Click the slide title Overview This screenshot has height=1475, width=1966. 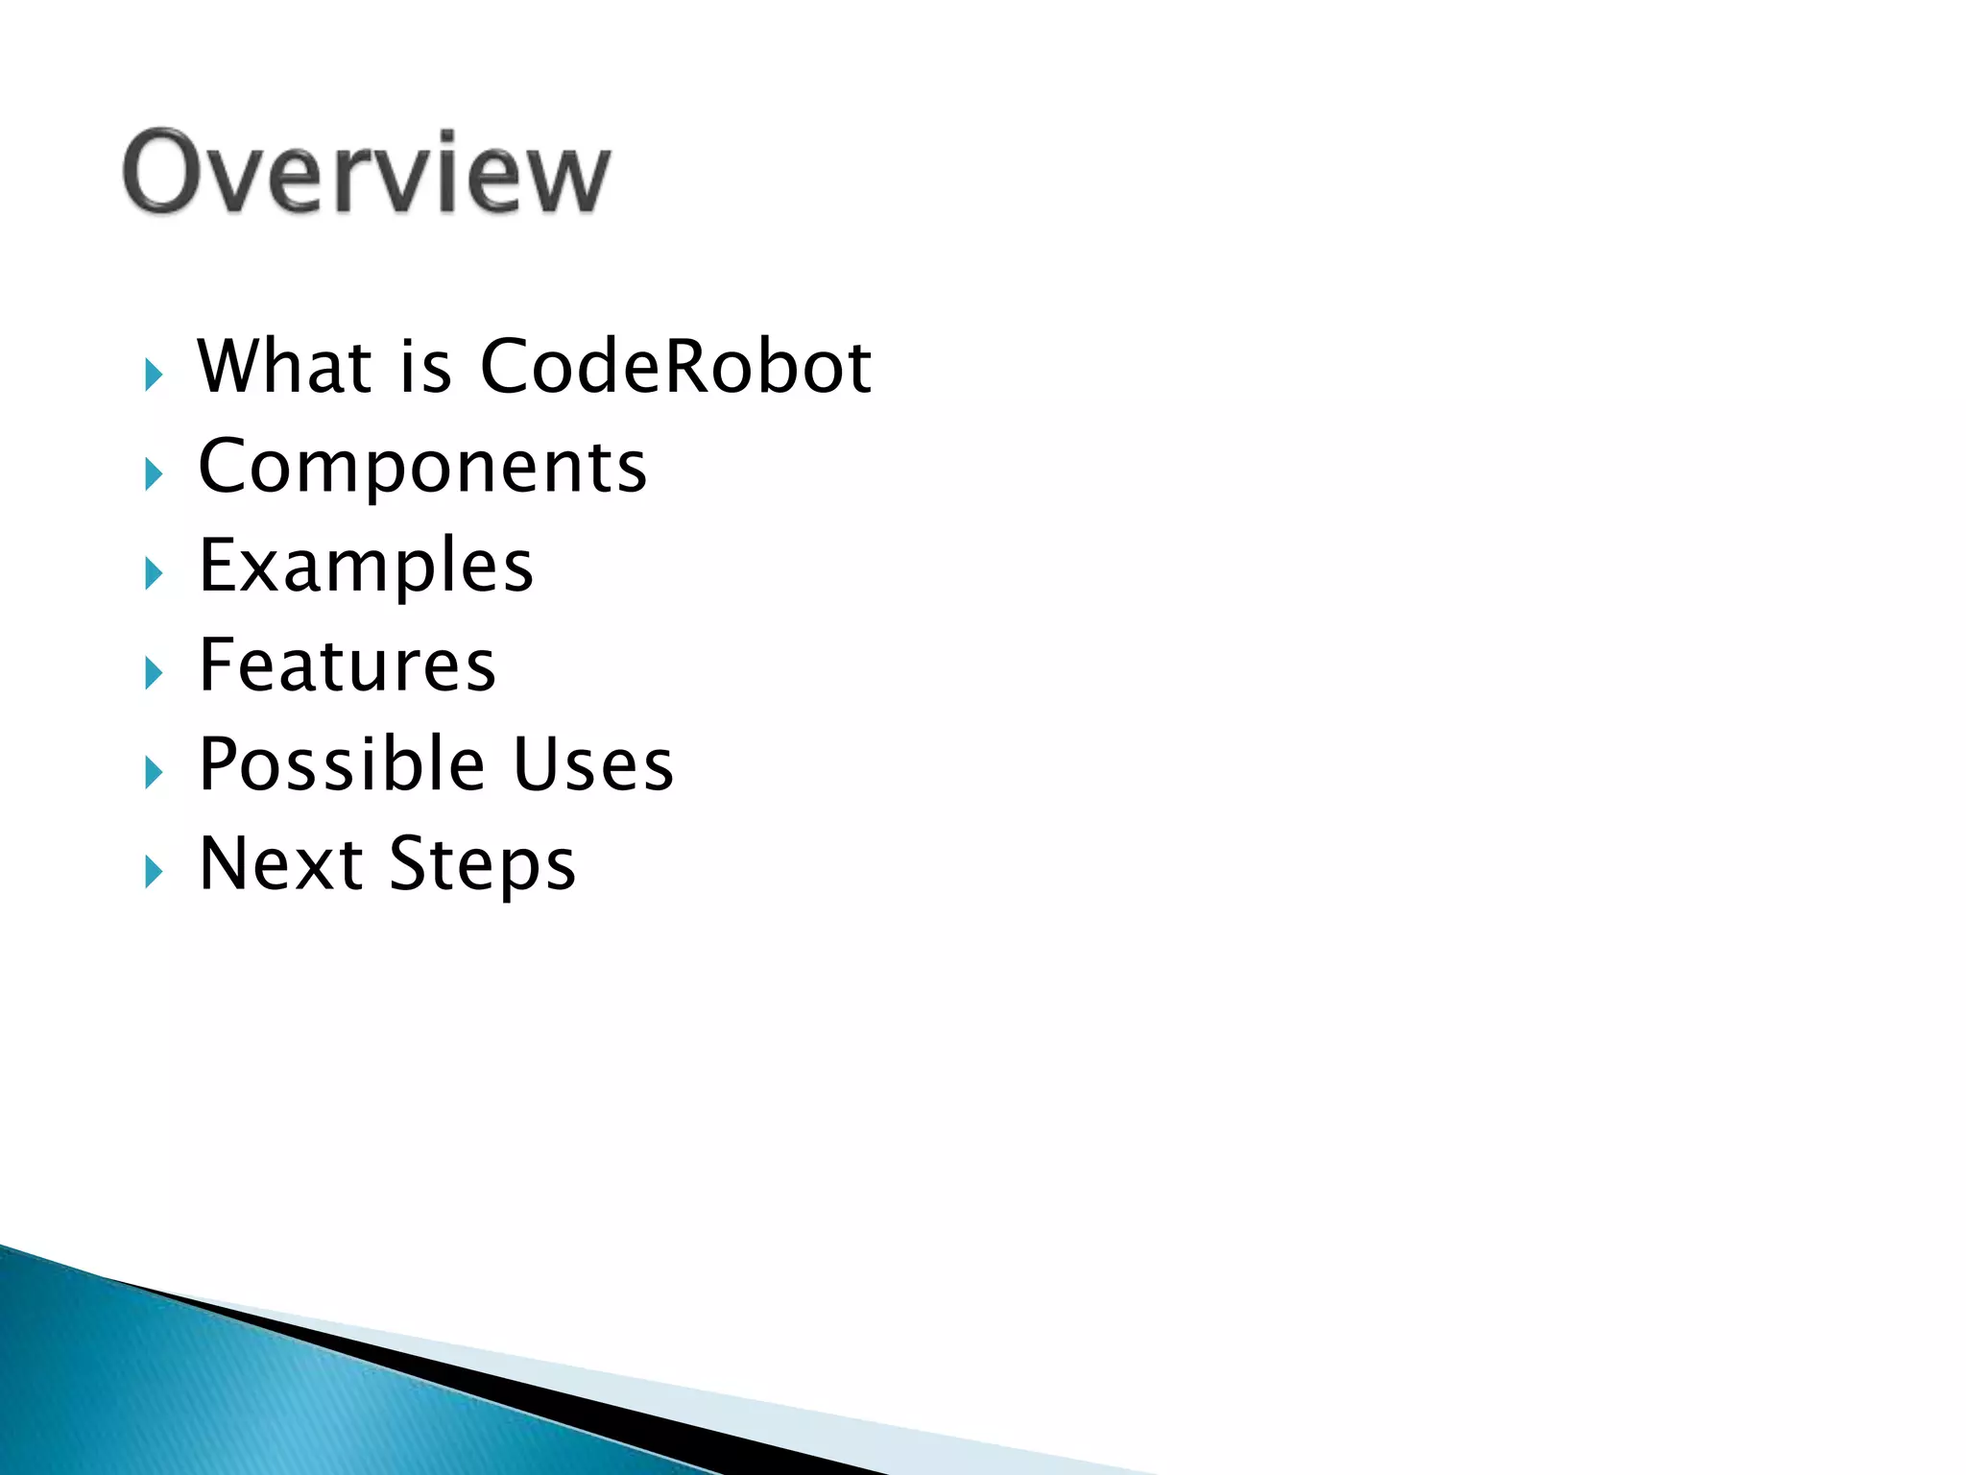(366, 173)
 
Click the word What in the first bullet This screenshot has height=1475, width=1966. (284, 367)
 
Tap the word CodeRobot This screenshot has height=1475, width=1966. (675, 367)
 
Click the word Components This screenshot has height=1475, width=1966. (422, 468)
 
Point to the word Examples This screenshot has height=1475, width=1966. (366, 567)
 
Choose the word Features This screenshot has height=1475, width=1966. (347, 665)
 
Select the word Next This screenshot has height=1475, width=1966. (280, 863)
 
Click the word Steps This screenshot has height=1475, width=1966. (482, 865)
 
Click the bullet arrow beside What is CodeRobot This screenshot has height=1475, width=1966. (154, 375)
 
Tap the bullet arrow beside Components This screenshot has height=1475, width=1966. (154, 474)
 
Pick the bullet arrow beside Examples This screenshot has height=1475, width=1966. (154, 574)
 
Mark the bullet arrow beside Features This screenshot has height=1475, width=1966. (154, 673)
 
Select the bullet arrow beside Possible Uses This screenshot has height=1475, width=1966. (154, 773)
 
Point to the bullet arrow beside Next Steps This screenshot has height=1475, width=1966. (154, 872)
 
